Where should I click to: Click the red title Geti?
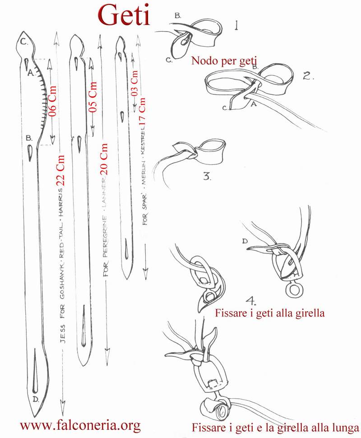[124, 15]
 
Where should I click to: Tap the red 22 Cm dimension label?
[61, 170]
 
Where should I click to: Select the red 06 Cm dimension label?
[52, 101]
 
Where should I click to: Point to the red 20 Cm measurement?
[104, 159]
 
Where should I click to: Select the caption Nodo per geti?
[224, 61]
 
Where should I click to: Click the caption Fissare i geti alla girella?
[270, 312]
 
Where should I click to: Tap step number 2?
[309, 76]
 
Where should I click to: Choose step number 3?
[207, 176]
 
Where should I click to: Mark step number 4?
[251, 301]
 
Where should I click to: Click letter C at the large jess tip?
[24, 42]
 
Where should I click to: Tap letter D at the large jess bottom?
[36, 400]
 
